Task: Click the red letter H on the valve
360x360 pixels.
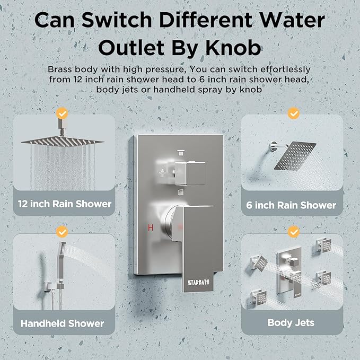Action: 151,227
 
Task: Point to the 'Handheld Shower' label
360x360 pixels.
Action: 63,323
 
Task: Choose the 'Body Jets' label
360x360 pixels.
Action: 291,322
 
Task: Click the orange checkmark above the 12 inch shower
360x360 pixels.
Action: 62,113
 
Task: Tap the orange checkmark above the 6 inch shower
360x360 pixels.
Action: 293,113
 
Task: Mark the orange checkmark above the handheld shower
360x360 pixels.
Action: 62,232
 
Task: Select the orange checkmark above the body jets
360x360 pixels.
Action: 293,232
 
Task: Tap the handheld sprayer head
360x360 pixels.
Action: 63,249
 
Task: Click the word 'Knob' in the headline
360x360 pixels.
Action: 233,48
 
